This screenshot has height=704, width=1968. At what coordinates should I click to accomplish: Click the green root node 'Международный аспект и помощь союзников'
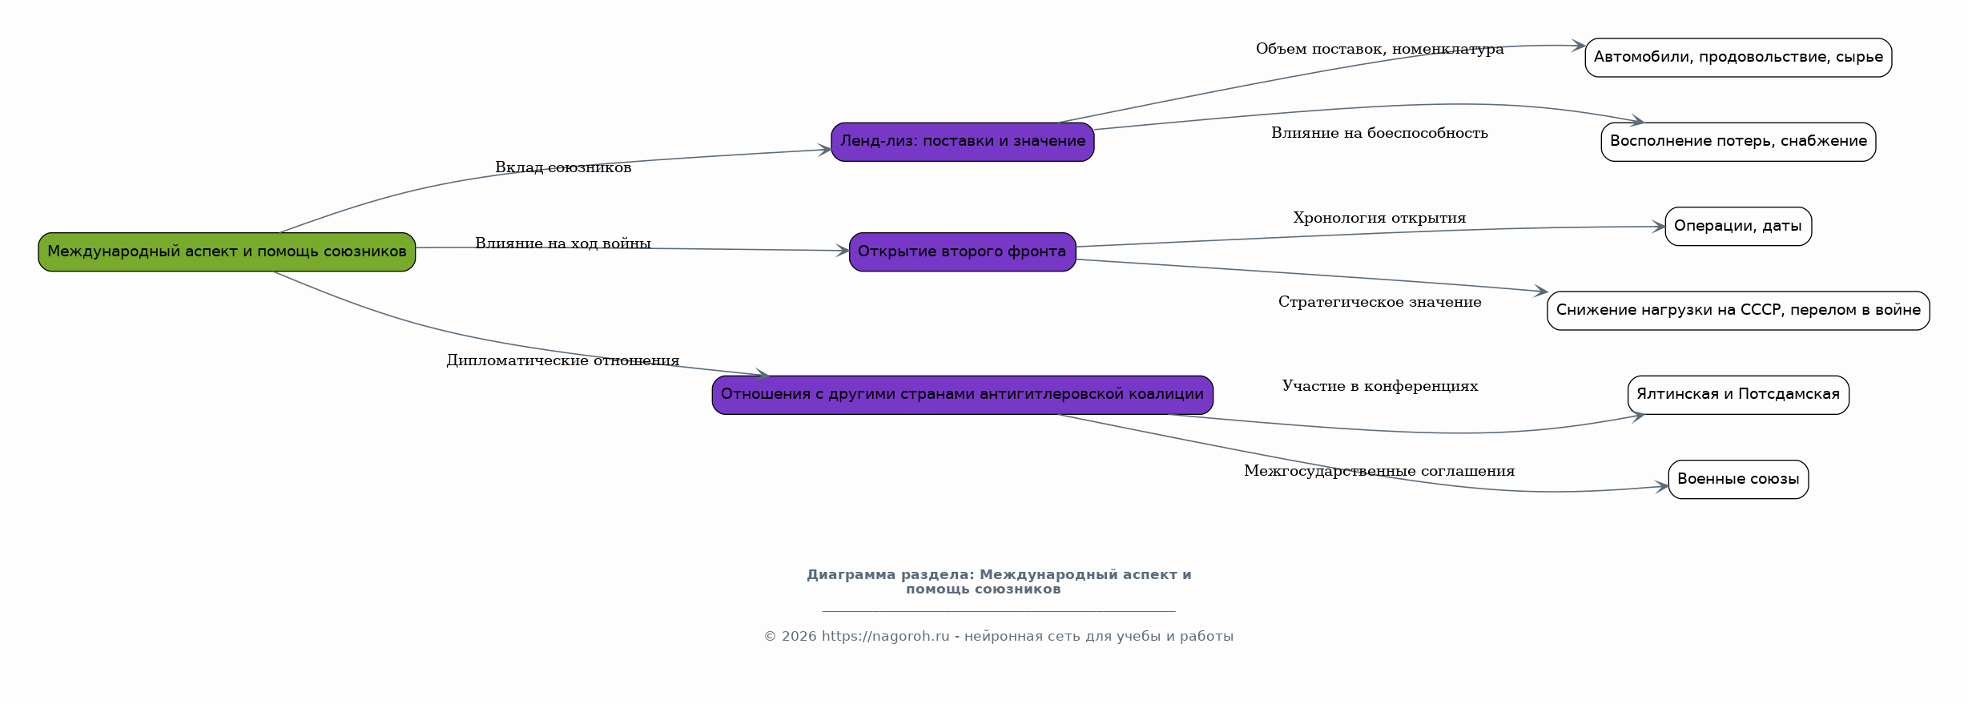pos(227,252)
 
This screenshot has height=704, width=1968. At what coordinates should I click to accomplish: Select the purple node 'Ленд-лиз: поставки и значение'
pos(962,142)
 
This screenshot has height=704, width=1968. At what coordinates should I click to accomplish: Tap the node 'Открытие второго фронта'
pos(962,252)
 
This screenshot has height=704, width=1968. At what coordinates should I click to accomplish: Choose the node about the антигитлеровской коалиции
pos(962,395)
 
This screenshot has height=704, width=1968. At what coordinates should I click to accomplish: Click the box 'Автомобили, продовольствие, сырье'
pos(1738,58)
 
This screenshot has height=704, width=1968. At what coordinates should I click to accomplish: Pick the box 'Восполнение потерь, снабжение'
pos(1738,142)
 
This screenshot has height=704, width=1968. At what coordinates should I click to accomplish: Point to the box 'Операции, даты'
pos(1738,227)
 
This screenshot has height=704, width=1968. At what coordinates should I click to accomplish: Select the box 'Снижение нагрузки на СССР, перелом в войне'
pos(1738,311)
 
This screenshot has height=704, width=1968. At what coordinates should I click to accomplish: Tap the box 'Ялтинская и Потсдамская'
pos(1738,395)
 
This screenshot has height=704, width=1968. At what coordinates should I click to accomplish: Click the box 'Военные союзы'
pos(1738,480)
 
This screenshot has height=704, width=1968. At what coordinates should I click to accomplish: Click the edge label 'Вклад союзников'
pos(563,167)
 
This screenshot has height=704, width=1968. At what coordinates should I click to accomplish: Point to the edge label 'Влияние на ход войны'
pos(563,243)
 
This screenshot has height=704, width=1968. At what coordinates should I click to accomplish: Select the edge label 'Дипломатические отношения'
pos(563,360)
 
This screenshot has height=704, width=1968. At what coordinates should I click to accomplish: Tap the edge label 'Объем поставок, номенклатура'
pos(1380,49)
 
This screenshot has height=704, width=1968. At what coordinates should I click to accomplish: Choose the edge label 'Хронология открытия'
pos(1380,218)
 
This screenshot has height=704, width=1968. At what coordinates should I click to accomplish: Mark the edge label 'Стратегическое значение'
pos(1380,302)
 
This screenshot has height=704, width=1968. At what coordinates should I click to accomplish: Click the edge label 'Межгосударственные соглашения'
pos(1380,471)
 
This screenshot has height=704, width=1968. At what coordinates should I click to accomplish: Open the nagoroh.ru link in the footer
pos(885,637)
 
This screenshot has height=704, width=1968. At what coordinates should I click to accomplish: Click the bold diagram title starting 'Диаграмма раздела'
pos(999,582)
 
